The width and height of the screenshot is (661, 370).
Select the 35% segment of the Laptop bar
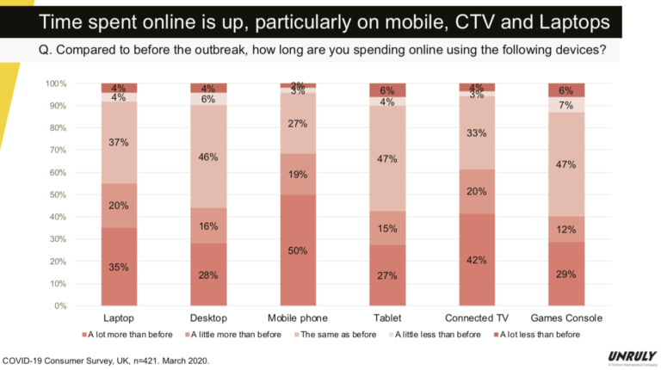pyautogui.click(x=118, y=267)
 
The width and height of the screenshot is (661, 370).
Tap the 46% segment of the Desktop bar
pyautogui.click(x=207, y=157)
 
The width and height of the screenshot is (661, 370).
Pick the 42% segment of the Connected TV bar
pyautogui.click(x=475, y=259)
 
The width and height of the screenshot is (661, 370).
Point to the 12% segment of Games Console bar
pyautogui.click(x=565, y=229)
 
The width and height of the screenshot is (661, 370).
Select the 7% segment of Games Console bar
pyautogui.click(x=565, y=105)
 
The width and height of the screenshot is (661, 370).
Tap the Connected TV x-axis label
pyautogui.click(x=475, y=318)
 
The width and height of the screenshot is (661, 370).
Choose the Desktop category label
pyautogui.click(x=207, y=318)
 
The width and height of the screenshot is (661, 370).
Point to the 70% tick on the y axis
pyautogui.click(x=57, y=151)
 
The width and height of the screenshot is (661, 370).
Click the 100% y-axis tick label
pyautogui.click(x=55, y=83)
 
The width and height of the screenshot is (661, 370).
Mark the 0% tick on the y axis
pyautogui.click(x=59, y=305)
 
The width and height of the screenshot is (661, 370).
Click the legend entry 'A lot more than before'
pyautogui.click(x=129, y=334)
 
